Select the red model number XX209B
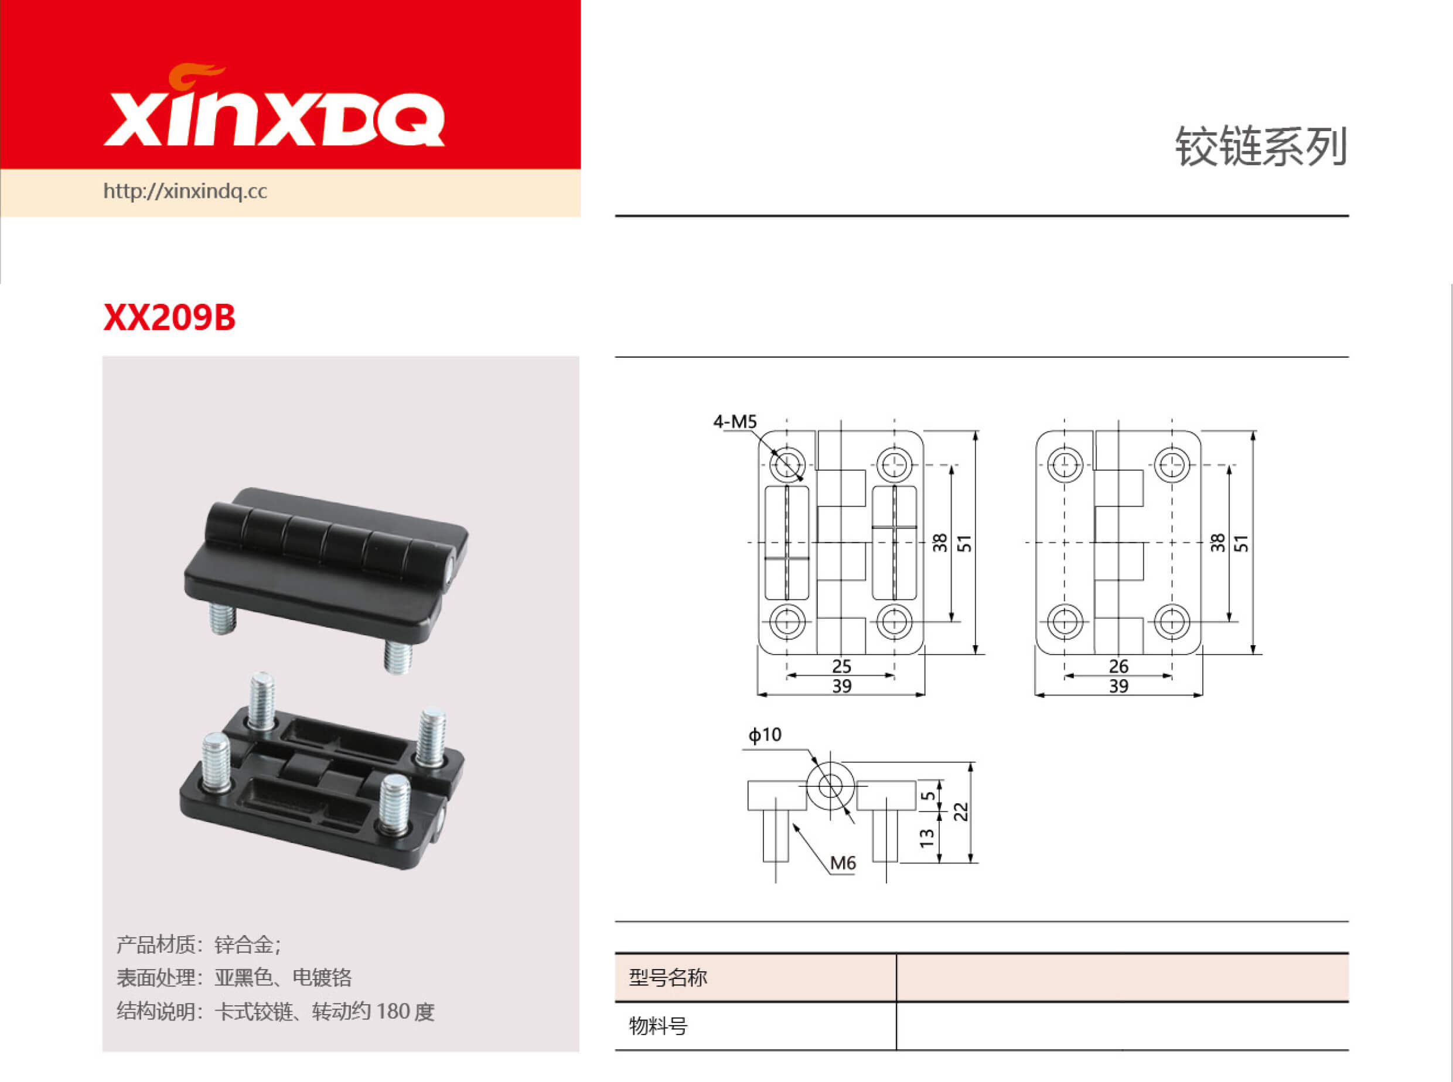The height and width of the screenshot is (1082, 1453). tap(169, 318)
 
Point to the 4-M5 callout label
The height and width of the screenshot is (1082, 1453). tap(734, 422)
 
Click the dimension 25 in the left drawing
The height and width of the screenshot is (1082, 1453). tap(841, 666)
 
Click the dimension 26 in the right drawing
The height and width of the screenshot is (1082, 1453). tap(1118, 666)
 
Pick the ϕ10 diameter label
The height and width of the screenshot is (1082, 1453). tap(765, 735)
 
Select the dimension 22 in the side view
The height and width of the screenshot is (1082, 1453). tap(960, 812)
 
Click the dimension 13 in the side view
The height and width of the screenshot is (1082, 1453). tap(926, 838)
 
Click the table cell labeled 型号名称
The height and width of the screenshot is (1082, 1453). tap(668, 978)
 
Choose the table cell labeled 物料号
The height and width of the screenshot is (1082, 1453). tap(658, 1026)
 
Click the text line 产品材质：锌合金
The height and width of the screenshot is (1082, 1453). tap(199, 945)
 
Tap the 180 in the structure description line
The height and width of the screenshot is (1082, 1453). tap(393, 1012)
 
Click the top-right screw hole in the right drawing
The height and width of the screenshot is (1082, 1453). tap(1172, 465)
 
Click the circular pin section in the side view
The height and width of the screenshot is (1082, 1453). tap(830, 786)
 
